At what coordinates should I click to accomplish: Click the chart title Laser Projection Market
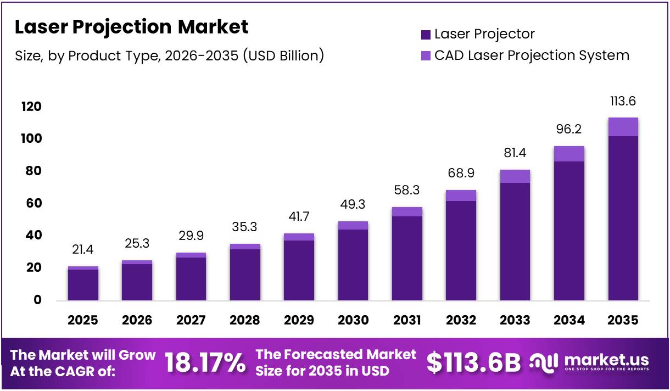click(x=131, y=27)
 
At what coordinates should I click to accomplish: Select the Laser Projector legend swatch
click(x=426, y=35)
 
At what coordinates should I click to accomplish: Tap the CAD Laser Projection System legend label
click(x=532, y=55)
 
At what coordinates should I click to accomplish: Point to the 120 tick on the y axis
click(x=31, y=107)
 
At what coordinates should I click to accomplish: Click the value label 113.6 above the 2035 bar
click(x=623, y=102)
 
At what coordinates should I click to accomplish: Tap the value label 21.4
click(x=83, y=250)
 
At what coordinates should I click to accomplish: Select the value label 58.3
click(x=407, y=191)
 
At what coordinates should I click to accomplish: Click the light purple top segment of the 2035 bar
click(x=623, y=127)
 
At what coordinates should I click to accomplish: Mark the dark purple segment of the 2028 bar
click(x=245, y=275)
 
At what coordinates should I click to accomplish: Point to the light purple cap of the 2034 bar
click(x=569, y=154)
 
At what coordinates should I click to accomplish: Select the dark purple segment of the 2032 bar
click(x=461, y=250)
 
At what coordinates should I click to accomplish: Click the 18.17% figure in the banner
click(x=205, y=363)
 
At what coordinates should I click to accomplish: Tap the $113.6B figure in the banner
click(x=473, y=363)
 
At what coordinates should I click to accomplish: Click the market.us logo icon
click(x=544, y=362)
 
